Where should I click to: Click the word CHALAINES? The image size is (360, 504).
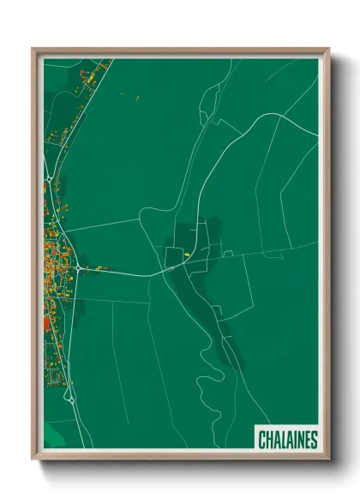coord(288,440)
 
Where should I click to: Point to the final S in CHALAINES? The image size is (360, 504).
coord(314,440)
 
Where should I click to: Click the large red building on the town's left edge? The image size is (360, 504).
coord(47,322)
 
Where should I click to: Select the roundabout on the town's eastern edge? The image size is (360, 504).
coord(79,267)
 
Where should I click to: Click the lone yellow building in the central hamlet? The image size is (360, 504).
coord(185,255)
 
